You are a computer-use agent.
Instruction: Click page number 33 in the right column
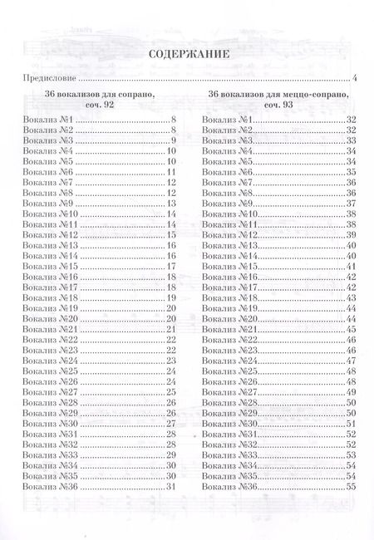351,141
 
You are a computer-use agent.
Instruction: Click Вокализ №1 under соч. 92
50,120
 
